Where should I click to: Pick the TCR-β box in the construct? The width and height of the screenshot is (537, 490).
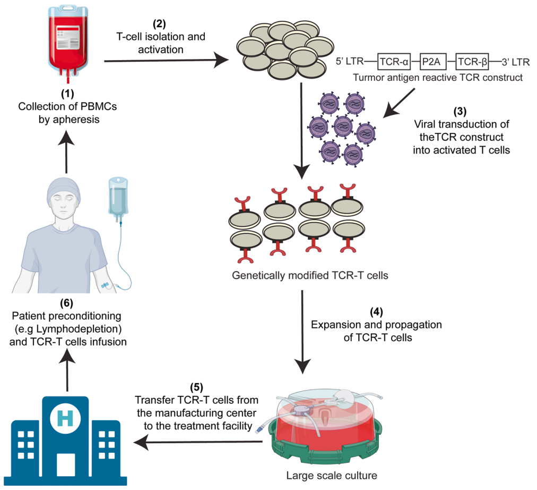coord(474,62)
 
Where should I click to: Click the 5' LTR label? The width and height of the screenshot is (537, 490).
coord(349,62)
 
